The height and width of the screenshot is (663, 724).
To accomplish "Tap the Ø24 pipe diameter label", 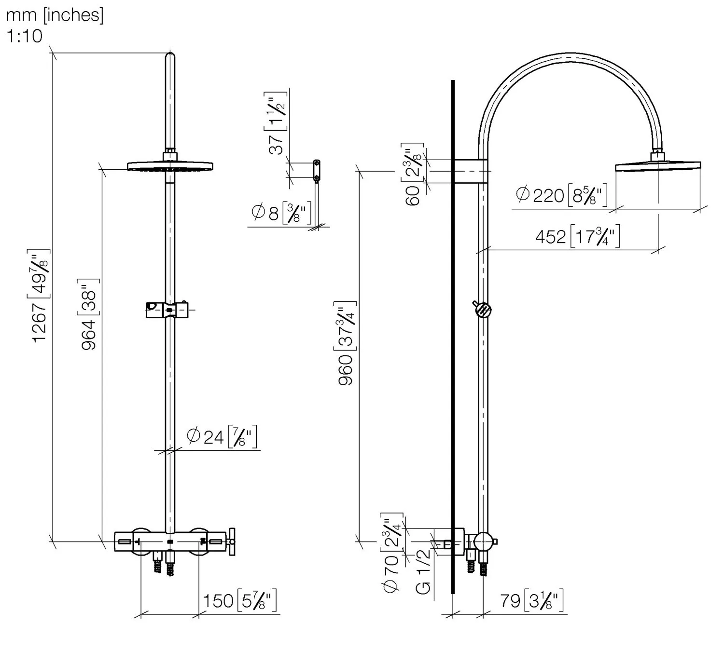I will click(222, 437).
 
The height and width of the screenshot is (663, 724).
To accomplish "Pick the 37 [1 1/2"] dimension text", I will click(277, 123).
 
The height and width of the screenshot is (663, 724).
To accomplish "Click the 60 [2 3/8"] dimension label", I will click(413, 174).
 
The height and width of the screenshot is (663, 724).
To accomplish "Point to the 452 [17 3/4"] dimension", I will click(577, 236).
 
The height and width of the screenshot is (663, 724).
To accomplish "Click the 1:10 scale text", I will click(24, 36).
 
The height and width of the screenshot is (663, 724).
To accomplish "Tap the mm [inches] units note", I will click(55, 15).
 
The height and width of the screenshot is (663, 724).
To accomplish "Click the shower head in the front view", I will click(170, 166).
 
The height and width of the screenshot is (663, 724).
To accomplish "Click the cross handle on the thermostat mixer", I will click(231, 542).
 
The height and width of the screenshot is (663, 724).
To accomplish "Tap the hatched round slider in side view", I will click(483, 310).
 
